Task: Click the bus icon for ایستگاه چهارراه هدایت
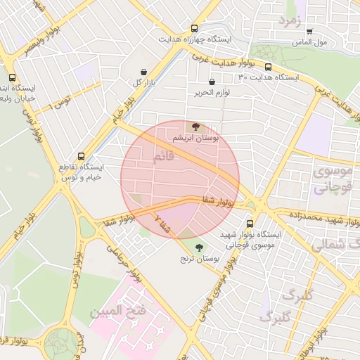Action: click(x=194, y=29)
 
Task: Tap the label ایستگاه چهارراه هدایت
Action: click(x=193, y=39)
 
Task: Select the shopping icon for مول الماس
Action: click(x=309, y=32)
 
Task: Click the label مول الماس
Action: click(x=309, y=42)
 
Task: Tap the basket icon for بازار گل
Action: click(x=144, y=72)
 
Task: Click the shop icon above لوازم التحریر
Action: click(x=212, y=82)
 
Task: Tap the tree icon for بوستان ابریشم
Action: click(x=195, y=127)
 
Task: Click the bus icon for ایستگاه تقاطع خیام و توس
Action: click(x=81, y=156)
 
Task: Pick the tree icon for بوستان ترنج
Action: click(x=199, y=247)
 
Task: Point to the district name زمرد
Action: click(x=289, y=20)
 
